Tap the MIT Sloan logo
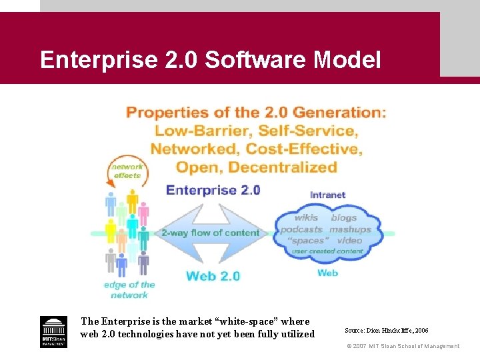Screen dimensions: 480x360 (53, 331)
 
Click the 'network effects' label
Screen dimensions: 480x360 (127, 171)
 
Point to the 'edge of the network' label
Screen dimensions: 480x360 (129, 289)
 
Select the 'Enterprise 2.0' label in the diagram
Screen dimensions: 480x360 (213, 190)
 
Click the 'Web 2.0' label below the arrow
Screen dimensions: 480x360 (213, 275)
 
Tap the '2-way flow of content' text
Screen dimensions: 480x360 (210, 233)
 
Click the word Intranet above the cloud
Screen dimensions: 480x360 (328, 195)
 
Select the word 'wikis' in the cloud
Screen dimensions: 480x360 (307, 217)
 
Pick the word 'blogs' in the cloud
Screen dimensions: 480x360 (344, 217)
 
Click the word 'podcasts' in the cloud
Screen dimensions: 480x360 (301, 229)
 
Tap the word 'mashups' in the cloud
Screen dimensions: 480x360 (350, 229)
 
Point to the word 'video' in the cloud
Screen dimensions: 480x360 (349, 241)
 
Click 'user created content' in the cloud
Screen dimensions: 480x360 (327, 251)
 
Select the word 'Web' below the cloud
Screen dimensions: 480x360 (327, 273)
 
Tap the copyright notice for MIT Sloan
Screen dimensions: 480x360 (403, 346)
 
